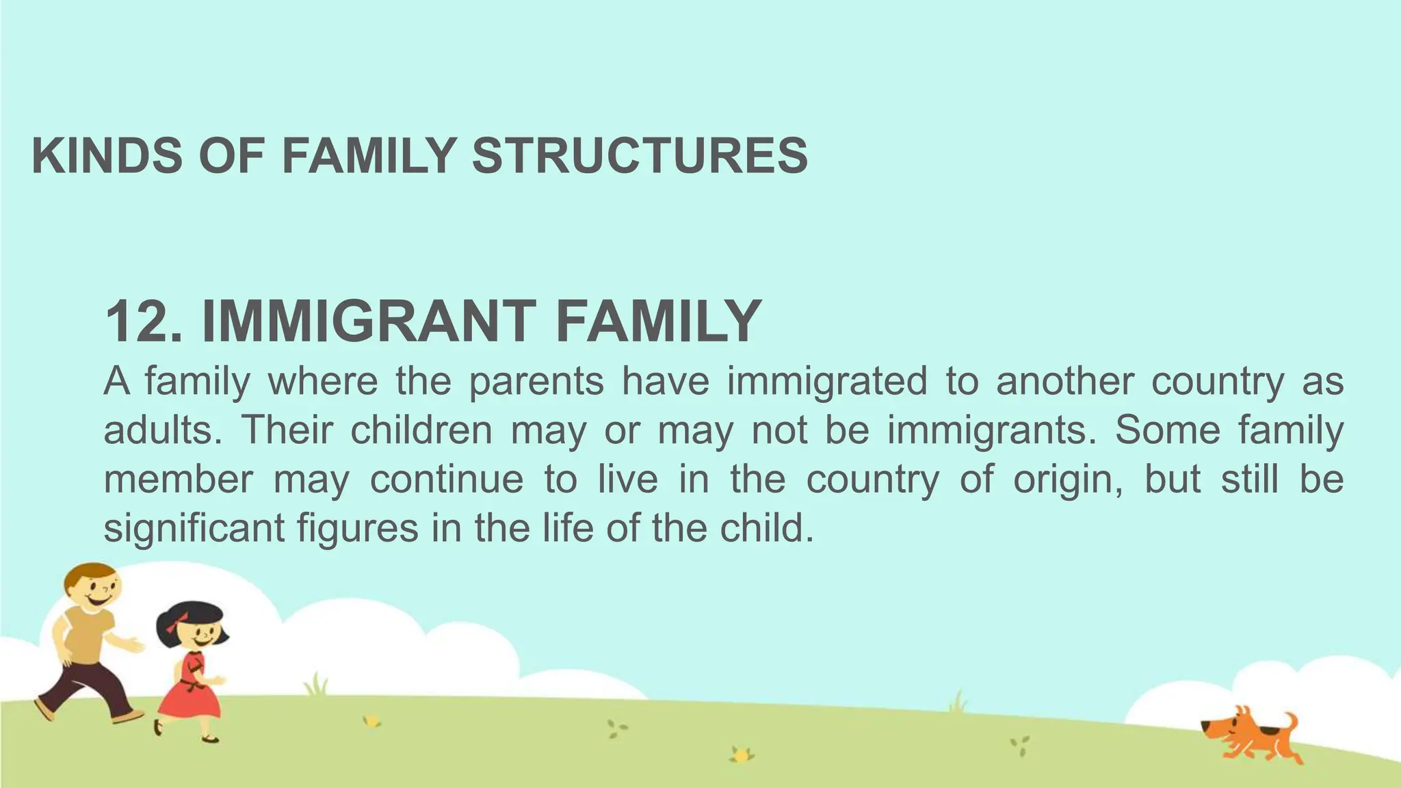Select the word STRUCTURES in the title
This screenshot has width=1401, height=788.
click(x=640, y=156)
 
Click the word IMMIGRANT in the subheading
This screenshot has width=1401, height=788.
click(x=369, y=321)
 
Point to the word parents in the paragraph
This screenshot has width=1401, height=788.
click(x=536, y=382)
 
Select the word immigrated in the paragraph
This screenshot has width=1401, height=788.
click(x=826, y=382)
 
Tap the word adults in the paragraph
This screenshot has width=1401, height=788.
click(x=161, y=431)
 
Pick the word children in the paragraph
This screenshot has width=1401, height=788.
click(x=421, y=431)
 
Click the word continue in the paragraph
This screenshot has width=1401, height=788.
click(x=447, y=480)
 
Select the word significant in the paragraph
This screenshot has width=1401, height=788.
click(x=194, y=529)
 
